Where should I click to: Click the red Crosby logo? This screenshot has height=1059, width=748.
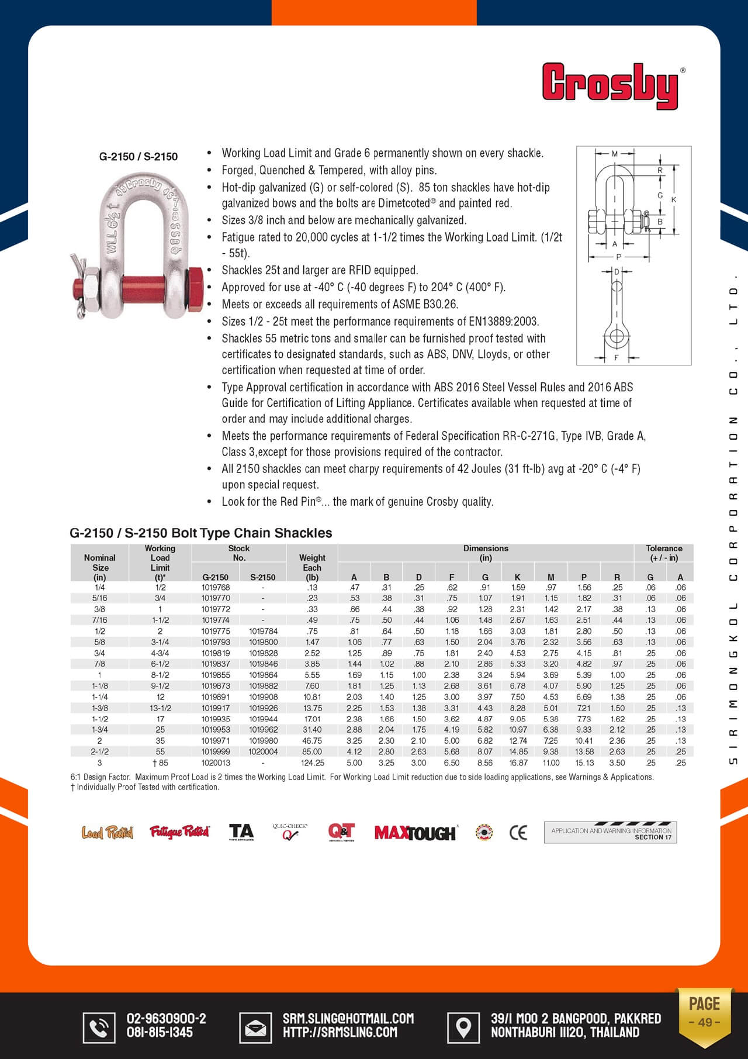pos(611,87)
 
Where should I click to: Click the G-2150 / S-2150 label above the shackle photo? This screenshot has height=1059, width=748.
pos(138,157)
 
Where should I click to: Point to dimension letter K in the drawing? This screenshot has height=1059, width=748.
pos(674,200)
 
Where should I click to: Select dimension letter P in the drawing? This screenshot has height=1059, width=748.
pos(618,257)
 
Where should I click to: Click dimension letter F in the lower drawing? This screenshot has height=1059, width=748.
pos(617,357)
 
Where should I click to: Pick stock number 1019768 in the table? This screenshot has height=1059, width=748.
pos(216,588)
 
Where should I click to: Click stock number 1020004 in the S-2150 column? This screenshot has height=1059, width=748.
pos(263,752)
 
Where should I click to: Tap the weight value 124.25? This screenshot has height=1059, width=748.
pos(312,763)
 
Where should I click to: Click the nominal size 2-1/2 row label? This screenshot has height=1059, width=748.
pos(99,752)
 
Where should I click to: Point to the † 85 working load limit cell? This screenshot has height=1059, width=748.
pos(160,763)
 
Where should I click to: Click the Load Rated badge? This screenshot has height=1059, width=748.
pos(108,832)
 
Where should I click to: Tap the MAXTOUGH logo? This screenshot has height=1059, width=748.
pos(415,833)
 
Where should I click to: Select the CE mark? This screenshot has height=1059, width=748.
pos(518,833)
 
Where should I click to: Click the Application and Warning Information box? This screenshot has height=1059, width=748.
pos(610,833)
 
